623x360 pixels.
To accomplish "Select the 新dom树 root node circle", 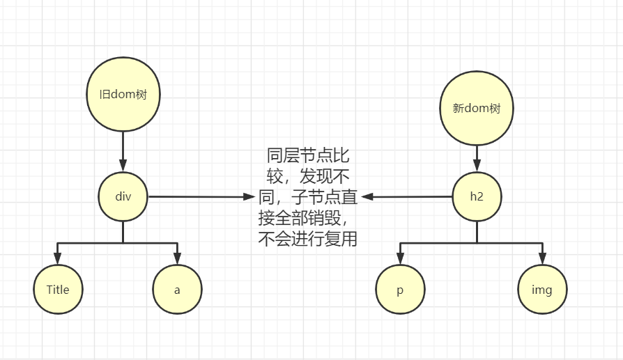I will pyautogui.click(x=477, y=109).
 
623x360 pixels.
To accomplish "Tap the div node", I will pyautogui.click(x=123, y=196).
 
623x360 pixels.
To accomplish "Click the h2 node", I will pyautogui.click(x=477, y=196).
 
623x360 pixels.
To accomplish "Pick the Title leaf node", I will pyautogui.click(x=58, y=289).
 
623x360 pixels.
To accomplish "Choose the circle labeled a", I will pyautogui.click(x=177, y=289).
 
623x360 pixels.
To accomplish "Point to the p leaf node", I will pyautogui.click(x=400, y=290).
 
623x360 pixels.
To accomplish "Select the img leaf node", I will pyautogui.click(x=542, y=290).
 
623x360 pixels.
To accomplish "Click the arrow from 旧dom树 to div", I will pyautogui.click(x=123, y=150).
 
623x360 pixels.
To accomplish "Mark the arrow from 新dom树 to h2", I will pyautogui.click(x=477, y=157).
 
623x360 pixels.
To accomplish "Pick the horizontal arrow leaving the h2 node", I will pyautogui.click(x=407, y=197).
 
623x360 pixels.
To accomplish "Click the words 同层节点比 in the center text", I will pyautogui.click(x=308, y=155).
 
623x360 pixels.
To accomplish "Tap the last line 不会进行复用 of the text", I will pyautogui.click(x=308, y=240).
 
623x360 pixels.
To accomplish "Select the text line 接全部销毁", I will pyautogui.click(x=300, y=219).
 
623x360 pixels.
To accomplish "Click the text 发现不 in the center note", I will pyautogui.click(x=323, y=176).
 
